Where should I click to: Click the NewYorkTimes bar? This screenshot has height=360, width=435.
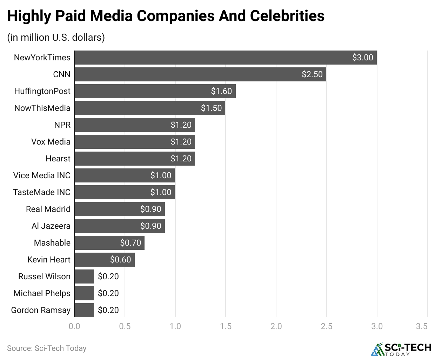225,58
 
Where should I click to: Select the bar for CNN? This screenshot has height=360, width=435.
200,74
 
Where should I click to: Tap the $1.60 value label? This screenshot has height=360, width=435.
221,91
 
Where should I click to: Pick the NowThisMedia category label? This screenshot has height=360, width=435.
42,108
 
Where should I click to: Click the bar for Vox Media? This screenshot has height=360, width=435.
134,142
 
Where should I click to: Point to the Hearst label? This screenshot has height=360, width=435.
58,159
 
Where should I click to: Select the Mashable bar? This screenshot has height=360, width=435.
109,243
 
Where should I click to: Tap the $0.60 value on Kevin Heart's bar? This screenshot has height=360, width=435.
120,260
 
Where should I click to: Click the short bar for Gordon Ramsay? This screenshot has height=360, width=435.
84,310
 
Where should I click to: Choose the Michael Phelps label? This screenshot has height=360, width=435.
42,293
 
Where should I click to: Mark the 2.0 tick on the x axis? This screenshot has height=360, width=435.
276,326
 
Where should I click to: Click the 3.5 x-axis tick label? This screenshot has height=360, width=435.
422,326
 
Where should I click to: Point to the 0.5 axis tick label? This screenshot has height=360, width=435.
125,326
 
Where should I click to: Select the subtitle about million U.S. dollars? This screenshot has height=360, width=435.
56,37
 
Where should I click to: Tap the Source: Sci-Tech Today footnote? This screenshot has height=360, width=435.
47,348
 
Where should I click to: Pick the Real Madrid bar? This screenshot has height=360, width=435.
119,209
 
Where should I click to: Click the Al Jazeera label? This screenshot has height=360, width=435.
51,226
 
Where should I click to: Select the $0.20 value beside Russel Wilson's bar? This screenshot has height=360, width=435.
108,276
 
